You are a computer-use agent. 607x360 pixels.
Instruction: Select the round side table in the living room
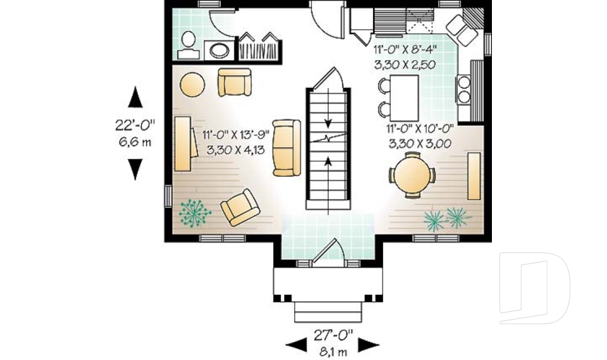point(192,84)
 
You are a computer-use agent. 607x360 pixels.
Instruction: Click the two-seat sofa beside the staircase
point(286,147)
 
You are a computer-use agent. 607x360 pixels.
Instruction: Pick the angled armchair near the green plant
point(240,208)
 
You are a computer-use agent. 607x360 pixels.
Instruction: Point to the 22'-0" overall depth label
point(135,125)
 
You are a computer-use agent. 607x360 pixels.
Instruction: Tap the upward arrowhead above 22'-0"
point(135,97)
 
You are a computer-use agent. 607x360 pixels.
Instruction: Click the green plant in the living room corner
point(195,213)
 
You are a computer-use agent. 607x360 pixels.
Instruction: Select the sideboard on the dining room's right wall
point(474,175)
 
